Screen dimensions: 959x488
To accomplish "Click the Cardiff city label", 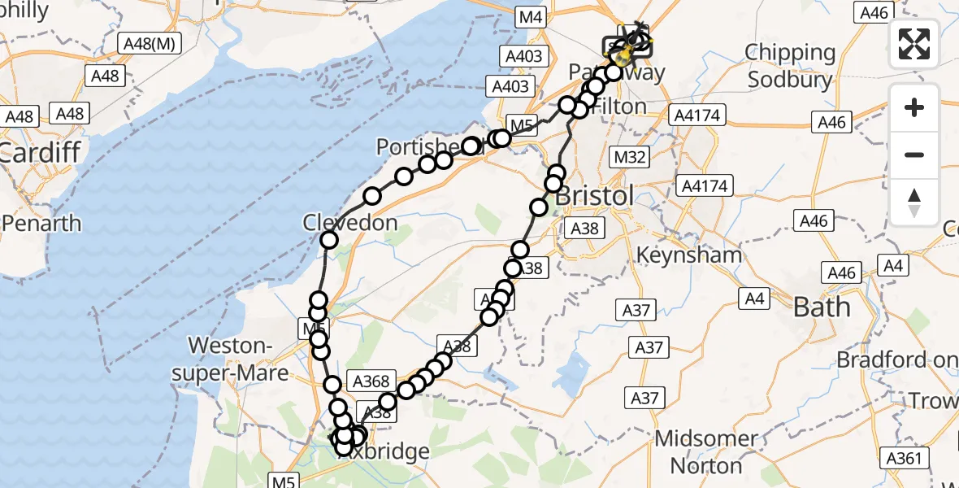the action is point(39,152).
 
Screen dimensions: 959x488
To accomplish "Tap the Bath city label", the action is point(822,307).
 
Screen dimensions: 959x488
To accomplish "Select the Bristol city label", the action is point(593,197).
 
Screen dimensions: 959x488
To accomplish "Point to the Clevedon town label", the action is point(350,222).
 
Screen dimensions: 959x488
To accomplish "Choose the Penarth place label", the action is point(41,223).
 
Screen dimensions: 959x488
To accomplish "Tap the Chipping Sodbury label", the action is point(791,66).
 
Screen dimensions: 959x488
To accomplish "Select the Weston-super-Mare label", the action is point(239,359).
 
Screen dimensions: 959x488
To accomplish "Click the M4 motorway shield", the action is point(532,16).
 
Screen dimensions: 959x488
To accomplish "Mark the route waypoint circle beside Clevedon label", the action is point(329,239).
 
